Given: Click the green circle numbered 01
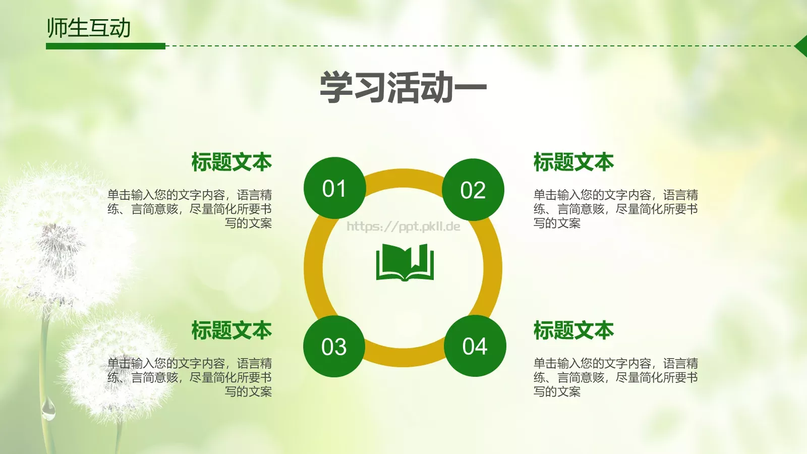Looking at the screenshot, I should [334, 188].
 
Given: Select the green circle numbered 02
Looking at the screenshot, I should [473, 190].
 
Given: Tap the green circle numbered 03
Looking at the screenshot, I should [334, 347].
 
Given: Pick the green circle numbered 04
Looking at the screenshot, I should [475, 346].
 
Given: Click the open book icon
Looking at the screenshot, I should [405, 262].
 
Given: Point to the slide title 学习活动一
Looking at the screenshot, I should [403, 88].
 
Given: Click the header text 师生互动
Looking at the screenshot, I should [89, 28].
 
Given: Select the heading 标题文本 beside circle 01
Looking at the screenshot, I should [232, 162].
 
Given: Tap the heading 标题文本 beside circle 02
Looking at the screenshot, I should [573, 162].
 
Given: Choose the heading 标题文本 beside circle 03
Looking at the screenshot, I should [232, 331].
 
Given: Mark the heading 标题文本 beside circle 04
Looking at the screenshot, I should [573, 331].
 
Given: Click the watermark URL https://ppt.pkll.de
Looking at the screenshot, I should [403, 226].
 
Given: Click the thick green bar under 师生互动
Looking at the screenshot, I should [105, 46].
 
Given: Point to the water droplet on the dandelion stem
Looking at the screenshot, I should [48, 410].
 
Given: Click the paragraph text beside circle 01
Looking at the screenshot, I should [190, 209].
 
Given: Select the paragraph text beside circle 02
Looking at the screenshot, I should [615, 209].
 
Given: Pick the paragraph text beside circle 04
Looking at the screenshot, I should [615, 377].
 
